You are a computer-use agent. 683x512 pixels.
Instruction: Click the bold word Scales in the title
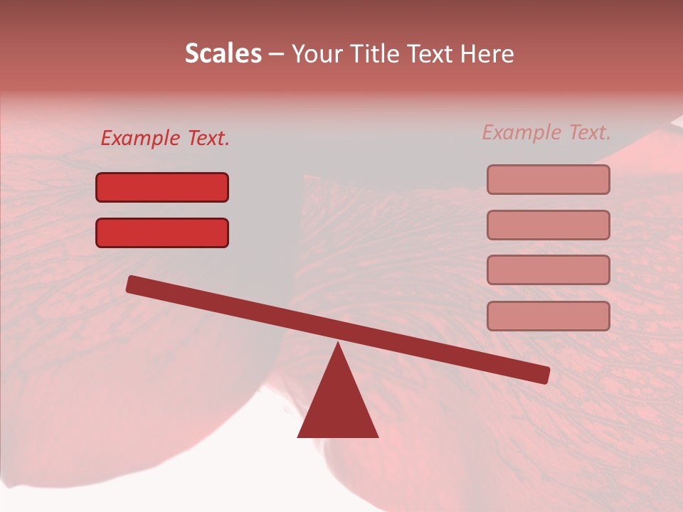click(223, 53)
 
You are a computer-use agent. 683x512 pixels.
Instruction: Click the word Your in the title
click(317, 54)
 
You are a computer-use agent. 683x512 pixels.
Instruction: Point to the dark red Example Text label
click(165, 139)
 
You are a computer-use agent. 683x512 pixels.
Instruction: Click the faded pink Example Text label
click(546, 132)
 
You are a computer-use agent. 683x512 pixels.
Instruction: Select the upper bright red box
click(162, 187)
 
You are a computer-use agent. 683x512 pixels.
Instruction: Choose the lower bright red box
click(162, 233)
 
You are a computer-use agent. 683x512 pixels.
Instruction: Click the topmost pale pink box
click(548, 179)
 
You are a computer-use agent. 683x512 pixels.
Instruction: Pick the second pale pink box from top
click(548, 225)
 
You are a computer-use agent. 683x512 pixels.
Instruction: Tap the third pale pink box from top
click(548, 270)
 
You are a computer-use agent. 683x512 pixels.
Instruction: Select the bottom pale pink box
click(548, 316)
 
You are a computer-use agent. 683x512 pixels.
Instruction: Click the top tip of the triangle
click(337, 344)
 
